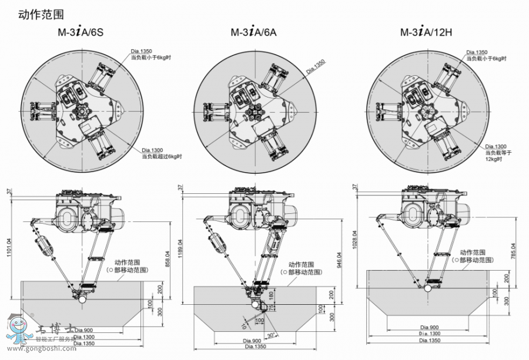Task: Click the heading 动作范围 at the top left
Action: point(41,12)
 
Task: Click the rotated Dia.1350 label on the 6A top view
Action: point(315,66)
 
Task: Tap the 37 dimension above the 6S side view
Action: point(9,191)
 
